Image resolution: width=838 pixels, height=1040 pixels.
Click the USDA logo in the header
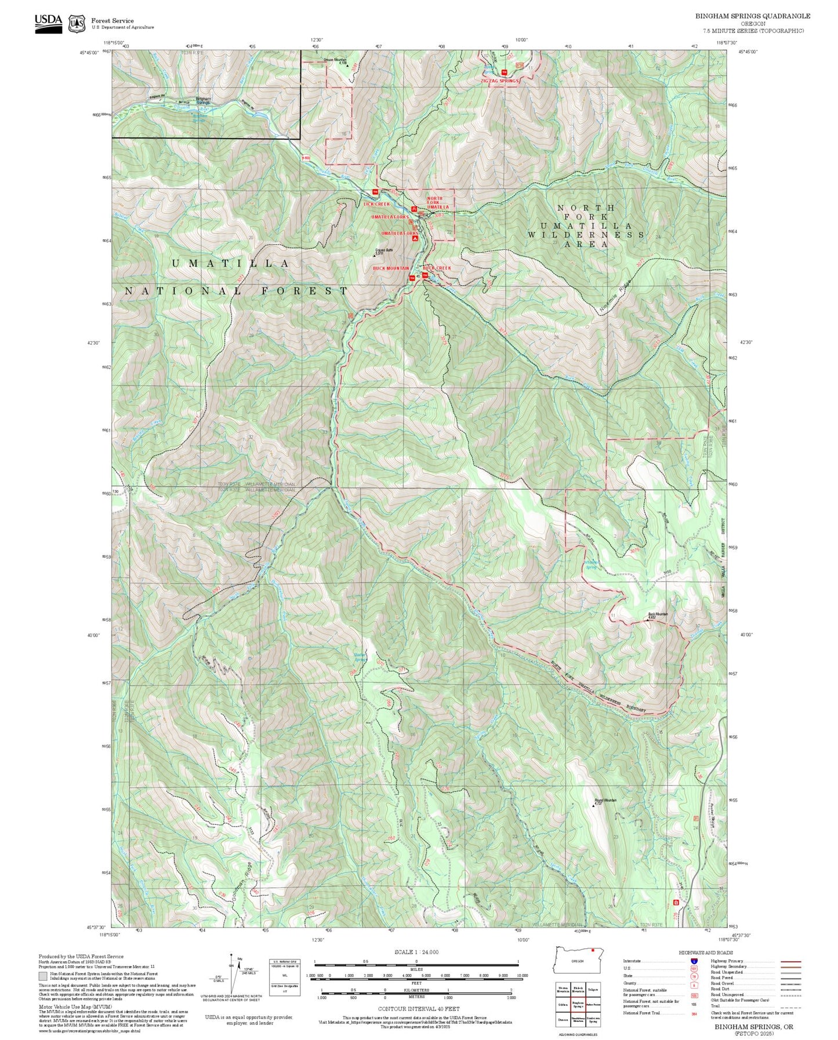click(x=48, y=23)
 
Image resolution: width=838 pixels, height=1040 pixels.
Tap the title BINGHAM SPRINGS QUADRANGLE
click(x=753, y=16)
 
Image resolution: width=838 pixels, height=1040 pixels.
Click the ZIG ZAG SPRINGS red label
click(x=499, y=81)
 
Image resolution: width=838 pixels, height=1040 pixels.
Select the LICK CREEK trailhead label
click(x=376, y=204)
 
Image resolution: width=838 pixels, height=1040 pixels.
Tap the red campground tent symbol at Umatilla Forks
click(x=415, y=238)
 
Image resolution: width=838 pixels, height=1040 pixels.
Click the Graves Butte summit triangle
click(x=375, y=256)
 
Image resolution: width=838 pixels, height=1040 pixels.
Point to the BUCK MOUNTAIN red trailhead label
click(x=390, y=268)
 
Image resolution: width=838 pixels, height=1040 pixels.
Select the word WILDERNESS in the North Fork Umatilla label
click(x=586, y=235)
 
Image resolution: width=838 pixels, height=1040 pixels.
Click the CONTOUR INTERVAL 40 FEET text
click(x=418, y=1009)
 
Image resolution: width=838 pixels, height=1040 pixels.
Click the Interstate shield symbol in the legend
click(x=694, y=961)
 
